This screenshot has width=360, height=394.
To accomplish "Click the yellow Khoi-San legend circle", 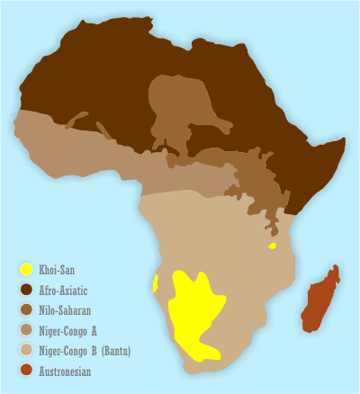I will point(27,269).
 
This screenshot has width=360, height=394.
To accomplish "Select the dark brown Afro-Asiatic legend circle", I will point(27,290).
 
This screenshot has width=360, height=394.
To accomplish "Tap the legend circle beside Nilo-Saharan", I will point(27,309).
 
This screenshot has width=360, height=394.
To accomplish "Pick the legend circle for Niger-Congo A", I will point(27,330).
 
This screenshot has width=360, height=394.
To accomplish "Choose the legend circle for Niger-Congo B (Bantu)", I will point(27,350).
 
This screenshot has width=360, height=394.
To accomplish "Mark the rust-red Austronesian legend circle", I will point(27,370).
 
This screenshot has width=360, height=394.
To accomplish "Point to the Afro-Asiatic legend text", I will point(64,290).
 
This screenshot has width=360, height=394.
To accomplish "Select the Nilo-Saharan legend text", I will point(66,309).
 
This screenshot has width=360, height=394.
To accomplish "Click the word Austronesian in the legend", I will point(65,370).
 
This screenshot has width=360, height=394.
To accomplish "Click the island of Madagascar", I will point(320,301).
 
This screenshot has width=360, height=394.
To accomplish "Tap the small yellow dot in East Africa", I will point(272,245).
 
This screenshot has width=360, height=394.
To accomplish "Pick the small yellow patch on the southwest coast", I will point(157,284).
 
